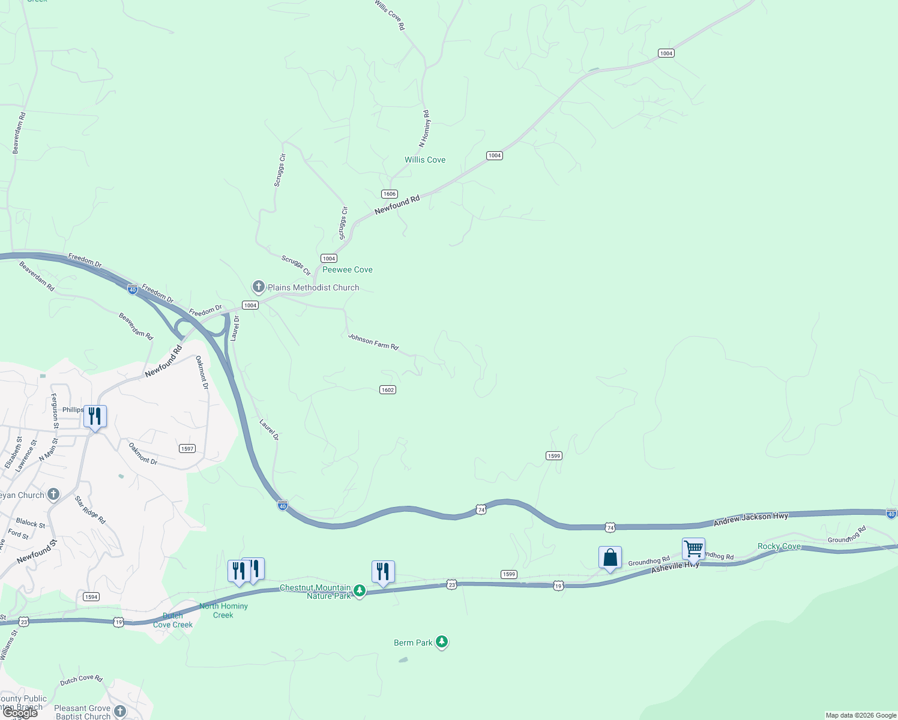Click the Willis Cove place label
pos(425,160)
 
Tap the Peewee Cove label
pos(348,270)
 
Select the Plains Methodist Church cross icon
pos(258,287)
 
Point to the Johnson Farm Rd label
pos(373,342)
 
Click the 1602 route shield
pos(388,390)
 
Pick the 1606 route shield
pos(390,194)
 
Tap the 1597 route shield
pos(187,449)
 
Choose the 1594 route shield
pos(91,596)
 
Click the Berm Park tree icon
pos(442,643)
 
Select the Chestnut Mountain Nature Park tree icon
pos(360,592)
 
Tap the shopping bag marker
pos(610,558)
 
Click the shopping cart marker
pos(693,548)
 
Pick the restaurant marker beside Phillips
pos(95,416)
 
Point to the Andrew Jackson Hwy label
pos(751,520)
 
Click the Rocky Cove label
pos(779,546)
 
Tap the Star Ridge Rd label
pos(90,510)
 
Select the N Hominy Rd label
pos(424,128)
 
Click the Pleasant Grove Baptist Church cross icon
pos(120,712)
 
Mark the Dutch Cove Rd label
pos(81,680)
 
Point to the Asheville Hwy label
pos(675,566)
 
